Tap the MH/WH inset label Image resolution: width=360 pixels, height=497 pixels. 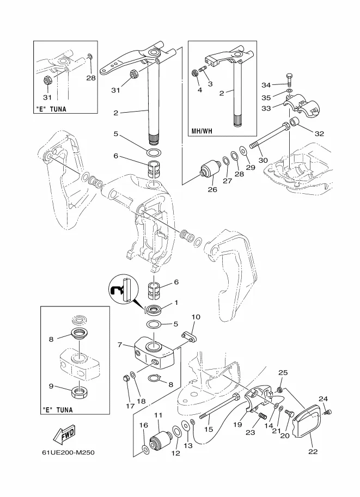[202, 131]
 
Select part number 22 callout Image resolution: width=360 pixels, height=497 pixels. [313, 452]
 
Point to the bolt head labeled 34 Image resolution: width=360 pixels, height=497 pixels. [290, 78]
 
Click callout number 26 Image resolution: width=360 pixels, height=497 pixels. [212, 189]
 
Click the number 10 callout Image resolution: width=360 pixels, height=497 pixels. [196, 317]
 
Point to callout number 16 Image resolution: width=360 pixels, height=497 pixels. [144, 425]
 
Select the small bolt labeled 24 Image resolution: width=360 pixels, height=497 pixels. [328, 413]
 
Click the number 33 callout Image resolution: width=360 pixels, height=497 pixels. [266, 108]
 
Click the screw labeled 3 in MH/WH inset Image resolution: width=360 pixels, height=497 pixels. [203, 68]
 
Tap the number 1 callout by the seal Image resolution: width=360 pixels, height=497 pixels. [176, 303]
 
